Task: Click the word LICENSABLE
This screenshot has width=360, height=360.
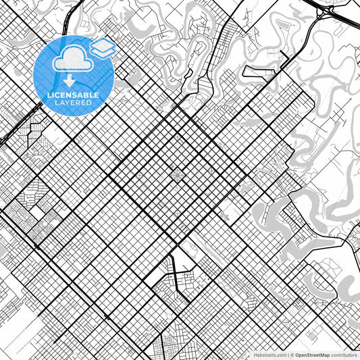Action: click(73, 95)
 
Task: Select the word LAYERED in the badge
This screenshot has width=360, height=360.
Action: click(73, 103)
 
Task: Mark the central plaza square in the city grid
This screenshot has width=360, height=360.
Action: click(177, 175)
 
